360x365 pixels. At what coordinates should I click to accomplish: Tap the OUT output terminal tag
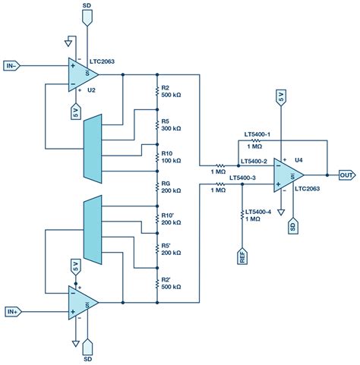click(346, 175)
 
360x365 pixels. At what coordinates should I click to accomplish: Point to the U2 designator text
click(91, 90)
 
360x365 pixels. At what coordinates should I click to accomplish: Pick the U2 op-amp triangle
click(82, 69)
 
